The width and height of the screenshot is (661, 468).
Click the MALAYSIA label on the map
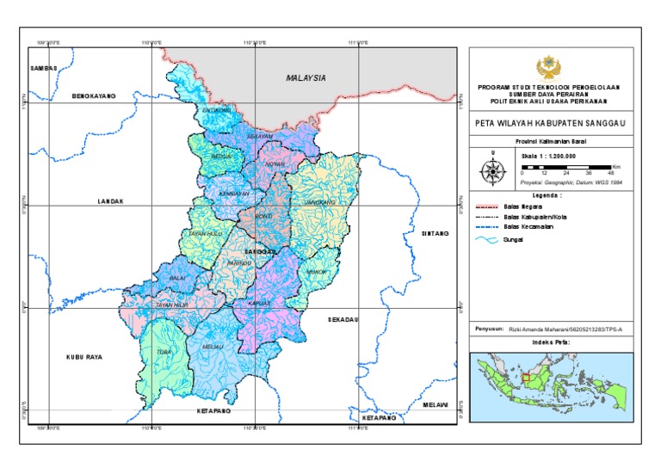point(306,78)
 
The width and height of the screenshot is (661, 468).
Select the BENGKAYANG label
point(93,96)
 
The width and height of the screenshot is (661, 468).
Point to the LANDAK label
point(111,201)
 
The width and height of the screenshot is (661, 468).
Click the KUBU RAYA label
point(84,355)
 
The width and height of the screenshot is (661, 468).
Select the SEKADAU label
point(343,319)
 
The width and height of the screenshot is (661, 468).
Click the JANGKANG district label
point(320,200)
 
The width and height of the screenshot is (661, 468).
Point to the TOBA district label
point(161,352)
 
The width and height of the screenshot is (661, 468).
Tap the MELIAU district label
point(213,347)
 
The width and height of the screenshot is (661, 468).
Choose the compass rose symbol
point(493,170)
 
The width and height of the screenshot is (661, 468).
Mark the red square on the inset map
point(527,377)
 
